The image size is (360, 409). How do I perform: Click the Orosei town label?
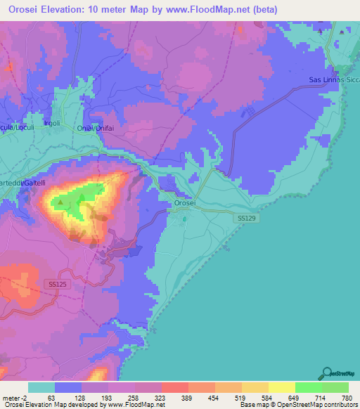(186, 204)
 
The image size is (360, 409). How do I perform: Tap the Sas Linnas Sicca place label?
(334, 80)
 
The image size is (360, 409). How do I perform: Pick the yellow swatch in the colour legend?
(282, 387)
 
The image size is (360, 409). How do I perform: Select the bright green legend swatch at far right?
(335, 387)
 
